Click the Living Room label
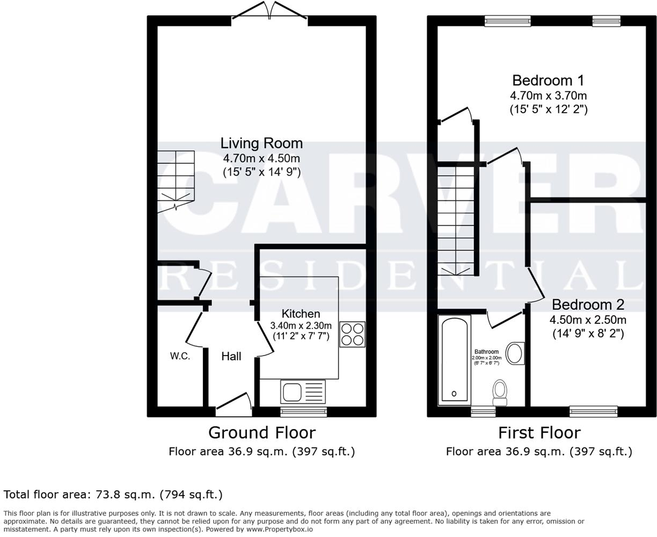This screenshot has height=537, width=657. point(261,143)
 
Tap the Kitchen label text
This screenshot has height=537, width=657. point(301,314)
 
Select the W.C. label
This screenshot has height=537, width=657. point(180,356)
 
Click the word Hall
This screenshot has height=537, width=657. point(231,356)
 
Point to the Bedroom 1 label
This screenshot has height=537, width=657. point(548,81)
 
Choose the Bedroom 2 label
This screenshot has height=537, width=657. point(588,304)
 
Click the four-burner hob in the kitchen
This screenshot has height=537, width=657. point(352,333)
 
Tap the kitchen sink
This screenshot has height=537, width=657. point(302,391)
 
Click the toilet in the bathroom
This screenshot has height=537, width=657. point(500,393)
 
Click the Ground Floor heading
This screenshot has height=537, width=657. point(261,432)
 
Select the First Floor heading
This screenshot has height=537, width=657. point(539,432)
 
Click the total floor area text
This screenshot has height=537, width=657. point(113,494)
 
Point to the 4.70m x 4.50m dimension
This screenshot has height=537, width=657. point(261,158)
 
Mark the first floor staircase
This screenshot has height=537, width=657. point(455,220)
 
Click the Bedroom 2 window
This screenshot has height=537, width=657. point(593,412)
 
